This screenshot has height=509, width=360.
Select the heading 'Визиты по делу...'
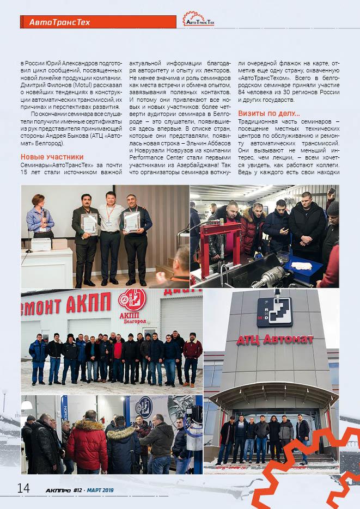pyautogui.click(x=269, y=113)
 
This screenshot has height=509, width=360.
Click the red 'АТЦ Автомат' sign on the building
pyautogui.click(x=274, y=340)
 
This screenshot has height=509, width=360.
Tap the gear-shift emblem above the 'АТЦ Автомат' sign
pyautogui.click(x=274, y=311)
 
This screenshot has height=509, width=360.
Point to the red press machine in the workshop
pyautogui.click(x=222, y=240)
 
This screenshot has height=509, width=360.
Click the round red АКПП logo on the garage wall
pyautogui.click(x=131, y=300)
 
